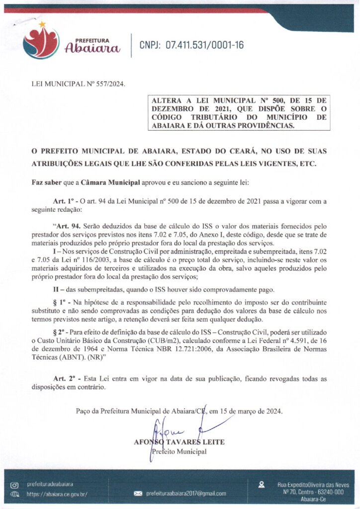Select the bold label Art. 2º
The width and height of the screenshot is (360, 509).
pyautogui.click(x=63, y=378)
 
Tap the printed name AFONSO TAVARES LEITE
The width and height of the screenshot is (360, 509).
pyautogui.click(x=179, y=442)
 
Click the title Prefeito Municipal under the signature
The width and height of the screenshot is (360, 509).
pyautogui.click(x=178, y=451)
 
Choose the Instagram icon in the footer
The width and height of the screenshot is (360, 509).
pyautogui.click(x=14, y=484)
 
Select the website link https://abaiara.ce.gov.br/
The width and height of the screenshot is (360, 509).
pyautogui.click(x=57, y=494)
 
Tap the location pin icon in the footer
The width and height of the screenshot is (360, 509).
pyautogui.click(x=262, y=484)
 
